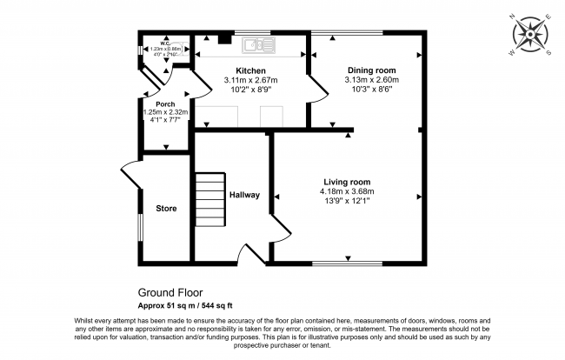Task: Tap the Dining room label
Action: point(371,70)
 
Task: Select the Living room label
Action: point(347,181)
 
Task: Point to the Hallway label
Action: point(244,195)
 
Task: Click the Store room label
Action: point(166,209)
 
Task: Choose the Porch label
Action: point(153,103)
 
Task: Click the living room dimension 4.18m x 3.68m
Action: point(347,191)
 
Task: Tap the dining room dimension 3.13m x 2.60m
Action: point(371,80)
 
